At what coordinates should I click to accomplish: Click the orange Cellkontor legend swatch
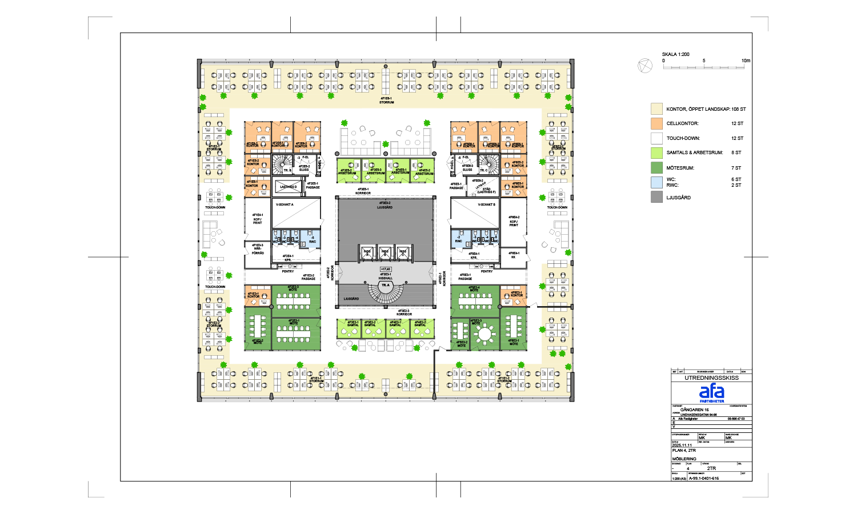point(656,123)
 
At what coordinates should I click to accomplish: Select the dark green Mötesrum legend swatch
point(656,168)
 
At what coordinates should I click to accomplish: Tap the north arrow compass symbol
point(644,66)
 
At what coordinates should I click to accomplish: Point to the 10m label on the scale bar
point(746,61)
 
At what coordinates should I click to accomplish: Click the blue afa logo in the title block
point(711,392)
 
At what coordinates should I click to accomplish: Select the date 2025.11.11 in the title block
point(682,445)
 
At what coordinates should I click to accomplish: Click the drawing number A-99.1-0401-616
point(703,479)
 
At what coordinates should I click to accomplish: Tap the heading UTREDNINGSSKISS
point(711,378)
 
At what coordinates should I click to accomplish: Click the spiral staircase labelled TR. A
point(386,291)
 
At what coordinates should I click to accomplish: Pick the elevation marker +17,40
point(386,269)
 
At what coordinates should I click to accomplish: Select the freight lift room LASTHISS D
point(289,187)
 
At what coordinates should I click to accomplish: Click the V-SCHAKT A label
point(285,204)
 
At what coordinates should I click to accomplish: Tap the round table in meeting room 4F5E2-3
point(485,334)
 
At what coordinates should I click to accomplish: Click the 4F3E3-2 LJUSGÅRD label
point(385,205)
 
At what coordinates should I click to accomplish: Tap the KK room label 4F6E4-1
point(514,255)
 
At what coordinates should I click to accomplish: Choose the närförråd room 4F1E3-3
point(258,249)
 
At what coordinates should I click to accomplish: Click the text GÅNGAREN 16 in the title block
point(694,410)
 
